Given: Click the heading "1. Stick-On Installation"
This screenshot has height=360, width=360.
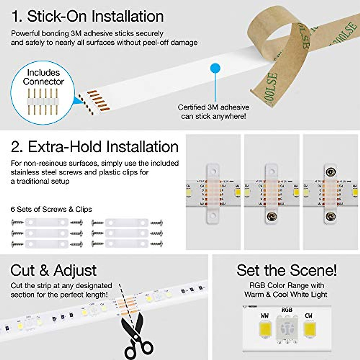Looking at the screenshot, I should pos(88,16).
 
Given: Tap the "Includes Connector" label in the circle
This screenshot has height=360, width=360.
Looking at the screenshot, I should pos(43,77).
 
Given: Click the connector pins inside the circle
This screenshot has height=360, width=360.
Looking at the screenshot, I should pos(42,102).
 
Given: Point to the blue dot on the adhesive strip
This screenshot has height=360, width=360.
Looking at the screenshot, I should pos(215,68).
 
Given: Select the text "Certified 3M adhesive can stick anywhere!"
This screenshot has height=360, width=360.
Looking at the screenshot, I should pos(213,112).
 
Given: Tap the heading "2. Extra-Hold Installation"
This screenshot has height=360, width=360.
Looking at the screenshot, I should pos(94,147).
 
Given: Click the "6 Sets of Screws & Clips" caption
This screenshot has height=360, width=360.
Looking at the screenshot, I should pos(51,209).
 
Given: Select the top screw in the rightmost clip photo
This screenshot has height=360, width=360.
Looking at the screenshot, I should pos(331,172).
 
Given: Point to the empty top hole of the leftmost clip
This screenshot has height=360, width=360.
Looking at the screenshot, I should pos(213,172).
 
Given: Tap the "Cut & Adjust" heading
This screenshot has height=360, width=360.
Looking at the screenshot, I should pos(53,270).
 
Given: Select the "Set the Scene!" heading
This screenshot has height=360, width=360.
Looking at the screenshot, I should pos(286,270).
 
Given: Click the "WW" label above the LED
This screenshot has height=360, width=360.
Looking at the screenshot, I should pos(265,316).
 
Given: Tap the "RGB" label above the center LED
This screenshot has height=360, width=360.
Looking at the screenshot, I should pos(286,310).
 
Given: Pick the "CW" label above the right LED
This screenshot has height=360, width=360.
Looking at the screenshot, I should pos(308,316).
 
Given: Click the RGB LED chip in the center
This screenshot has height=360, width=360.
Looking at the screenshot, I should pos(286,328).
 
